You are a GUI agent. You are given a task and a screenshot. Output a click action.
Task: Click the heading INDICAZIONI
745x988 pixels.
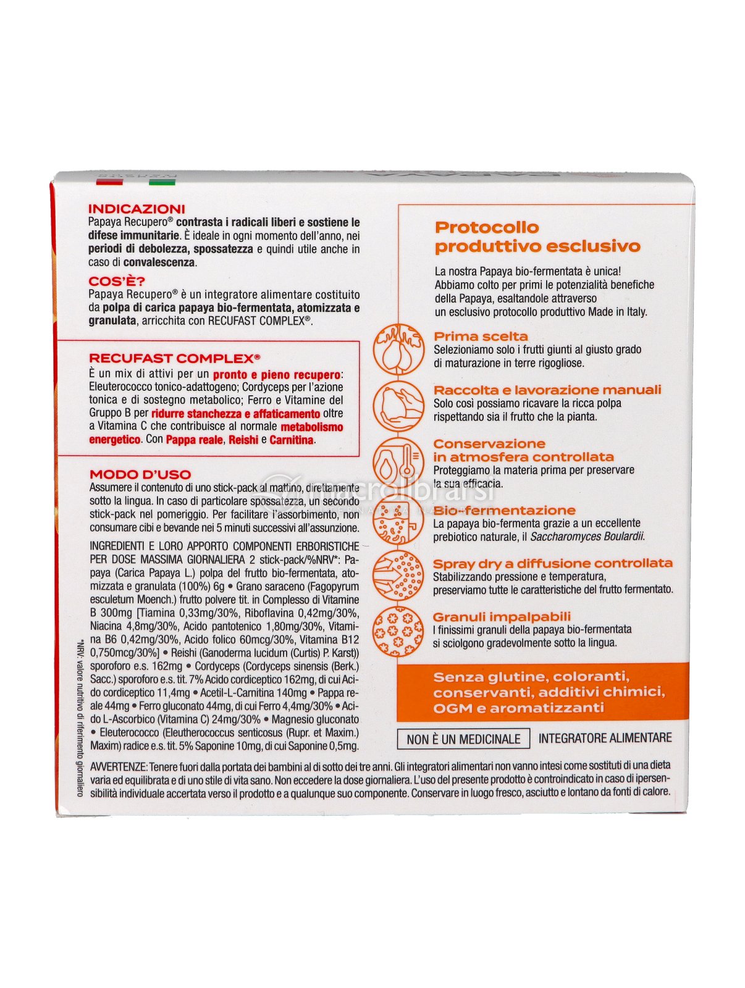coord(137,209)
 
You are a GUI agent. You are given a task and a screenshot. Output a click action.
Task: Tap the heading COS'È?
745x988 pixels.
coord(117,282)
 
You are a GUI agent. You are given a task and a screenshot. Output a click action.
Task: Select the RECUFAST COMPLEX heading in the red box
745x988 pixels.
coord(174,358)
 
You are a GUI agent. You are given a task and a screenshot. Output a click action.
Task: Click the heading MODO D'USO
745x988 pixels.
coord(140,474)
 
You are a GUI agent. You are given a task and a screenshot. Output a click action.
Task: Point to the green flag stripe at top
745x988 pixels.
coord(162,182)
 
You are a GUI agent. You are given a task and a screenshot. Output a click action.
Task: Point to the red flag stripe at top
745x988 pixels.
coord(109,182)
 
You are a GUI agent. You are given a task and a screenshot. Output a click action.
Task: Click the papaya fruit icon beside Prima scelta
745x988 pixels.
coord(398,349)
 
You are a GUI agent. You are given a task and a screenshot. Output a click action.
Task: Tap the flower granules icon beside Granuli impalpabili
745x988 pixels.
coord(398,630)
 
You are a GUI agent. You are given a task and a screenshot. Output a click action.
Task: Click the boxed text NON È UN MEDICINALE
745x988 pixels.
coord(463,739)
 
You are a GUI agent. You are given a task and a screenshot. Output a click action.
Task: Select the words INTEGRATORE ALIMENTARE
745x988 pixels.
coord(605,738)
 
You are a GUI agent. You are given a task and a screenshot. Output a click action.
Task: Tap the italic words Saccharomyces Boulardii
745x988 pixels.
coord(587,537)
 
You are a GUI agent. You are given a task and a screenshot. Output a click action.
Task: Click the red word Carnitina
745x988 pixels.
coord(292,440)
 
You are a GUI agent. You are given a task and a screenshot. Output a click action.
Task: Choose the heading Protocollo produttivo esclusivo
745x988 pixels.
coord(537,237)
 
